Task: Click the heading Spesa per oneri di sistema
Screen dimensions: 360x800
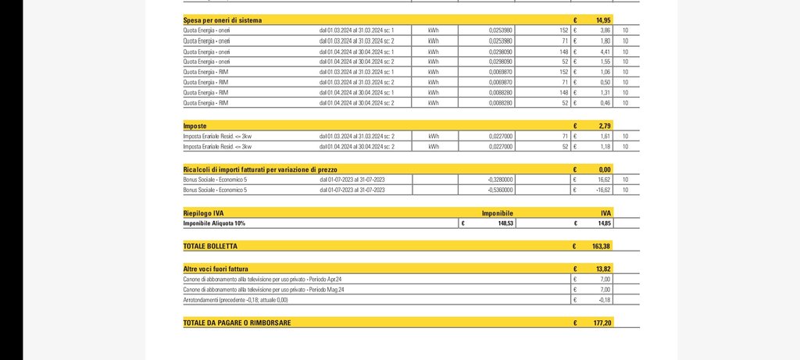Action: [x=234, y=19]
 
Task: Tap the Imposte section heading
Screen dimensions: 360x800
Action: [x=195, y=125]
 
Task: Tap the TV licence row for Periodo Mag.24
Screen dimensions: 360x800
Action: [x=266, y=290]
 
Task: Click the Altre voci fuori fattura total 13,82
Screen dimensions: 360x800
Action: [x=602, y=268]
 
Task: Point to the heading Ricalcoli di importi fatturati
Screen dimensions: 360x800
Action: [x=250, y=169]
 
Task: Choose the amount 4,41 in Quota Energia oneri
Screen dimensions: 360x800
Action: [x=604, y=52]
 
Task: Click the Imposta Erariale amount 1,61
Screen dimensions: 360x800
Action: [x=604, y=136]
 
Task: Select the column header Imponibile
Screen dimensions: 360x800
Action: [x=497, y=212]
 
